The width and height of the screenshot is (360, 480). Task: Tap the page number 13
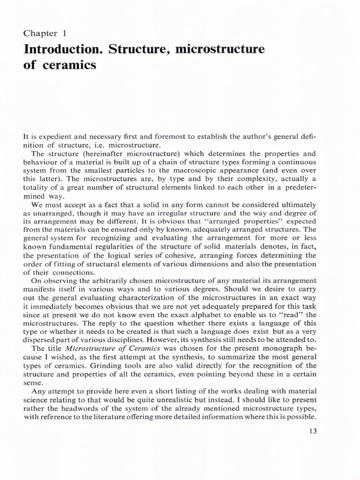point(313,432)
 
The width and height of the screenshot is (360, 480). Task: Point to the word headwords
point(68,407)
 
